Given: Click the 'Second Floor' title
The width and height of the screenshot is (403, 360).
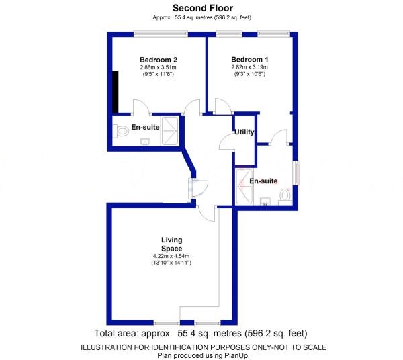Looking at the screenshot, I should click(202, 8).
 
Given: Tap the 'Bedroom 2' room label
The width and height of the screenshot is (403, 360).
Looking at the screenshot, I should click(158, 59).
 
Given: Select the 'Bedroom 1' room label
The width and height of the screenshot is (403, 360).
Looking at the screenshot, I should click(249, 59).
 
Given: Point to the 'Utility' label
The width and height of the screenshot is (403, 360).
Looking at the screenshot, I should click(244, 132).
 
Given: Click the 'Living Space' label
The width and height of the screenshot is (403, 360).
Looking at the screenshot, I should click(171, 244).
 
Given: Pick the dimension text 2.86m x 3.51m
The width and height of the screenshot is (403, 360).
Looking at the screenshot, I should click(158, 67).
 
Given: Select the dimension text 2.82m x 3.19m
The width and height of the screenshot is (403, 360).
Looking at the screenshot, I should click(249, 67).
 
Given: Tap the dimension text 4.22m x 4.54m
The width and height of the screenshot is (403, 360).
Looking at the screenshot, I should click(171, 257).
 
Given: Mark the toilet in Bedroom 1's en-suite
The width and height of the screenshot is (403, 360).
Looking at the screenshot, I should click(285, 195).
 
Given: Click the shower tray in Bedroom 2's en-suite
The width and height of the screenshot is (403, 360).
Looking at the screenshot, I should click(171, 131).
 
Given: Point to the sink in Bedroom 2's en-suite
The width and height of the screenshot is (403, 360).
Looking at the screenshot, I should click(145, 141).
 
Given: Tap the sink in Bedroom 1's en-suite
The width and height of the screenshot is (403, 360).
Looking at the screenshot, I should click(265, 201).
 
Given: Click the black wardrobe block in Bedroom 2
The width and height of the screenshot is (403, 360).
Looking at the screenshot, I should click(116, 91).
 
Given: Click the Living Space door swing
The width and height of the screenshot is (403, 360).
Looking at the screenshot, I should click(207, 213).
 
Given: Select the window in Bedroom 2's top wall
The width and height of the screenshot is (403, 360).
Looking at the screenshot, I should click(159, 33).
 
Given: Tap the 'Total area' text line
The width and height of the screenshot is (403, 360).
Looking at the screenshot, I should click(202, 334).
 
